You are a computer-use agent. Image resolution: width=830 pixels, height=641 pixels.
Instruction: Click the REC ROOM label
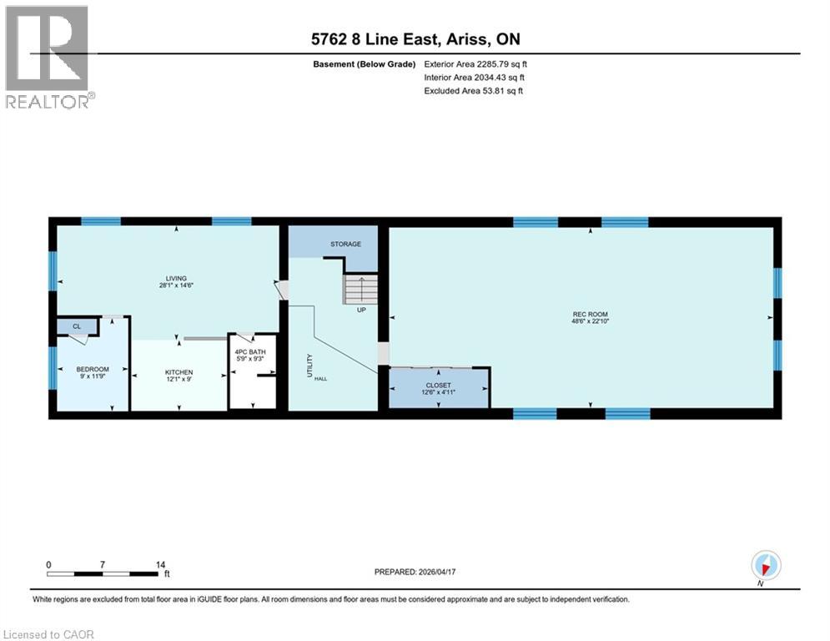pyautogui.click(x=584, y=315)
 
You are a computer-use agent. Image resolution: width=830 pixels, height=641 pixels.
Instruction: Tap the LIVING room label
pyautogui.click(x=175, y=278)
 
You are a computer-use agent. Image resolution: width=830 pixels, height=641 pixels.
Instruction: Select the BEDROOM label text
pyautogui.click(x=93, y=369)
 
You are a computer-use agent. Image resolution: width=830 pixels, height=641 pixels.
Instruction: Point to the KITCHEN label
pyautogui.click(x=179, y=372)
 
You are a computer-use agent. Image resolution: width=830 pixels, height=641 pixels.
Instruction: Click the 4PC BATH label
pyautogui.click(x=251, y=352)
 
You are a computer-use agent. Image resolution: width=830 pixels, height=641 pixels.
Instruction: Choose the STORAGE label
pyautogui.click(x=345, y=244)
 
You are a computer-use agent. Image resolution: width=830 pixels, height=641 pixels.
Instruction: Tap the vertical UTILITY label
pyautogui.click(x=309, y=366)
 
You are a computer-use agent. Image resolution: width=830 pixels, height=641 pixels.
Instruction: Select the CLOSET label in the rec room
pyautogui.click(x=439, y=386)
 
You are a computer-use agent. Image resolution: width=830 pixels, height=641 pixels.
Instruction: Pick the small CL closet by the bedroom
pyautogui.click(x=76, y=326)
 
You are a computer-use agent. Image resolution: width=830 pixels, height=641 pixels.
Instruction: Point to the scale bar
pyautogui.click(x=103, y=573)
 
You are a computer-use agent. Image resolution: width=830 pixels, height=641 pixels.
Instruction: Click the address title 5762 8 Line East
pyautogui.click(x=415, y=39)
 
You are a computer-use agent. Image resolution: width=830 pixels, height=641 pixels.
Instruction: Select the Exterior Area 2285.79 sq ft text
pyautogui.click(x=475, y=63)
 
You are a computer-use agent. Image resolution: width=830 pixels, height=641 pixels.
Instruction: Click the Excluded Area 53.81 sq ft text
pyautogui.click(x=474, y=90)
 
